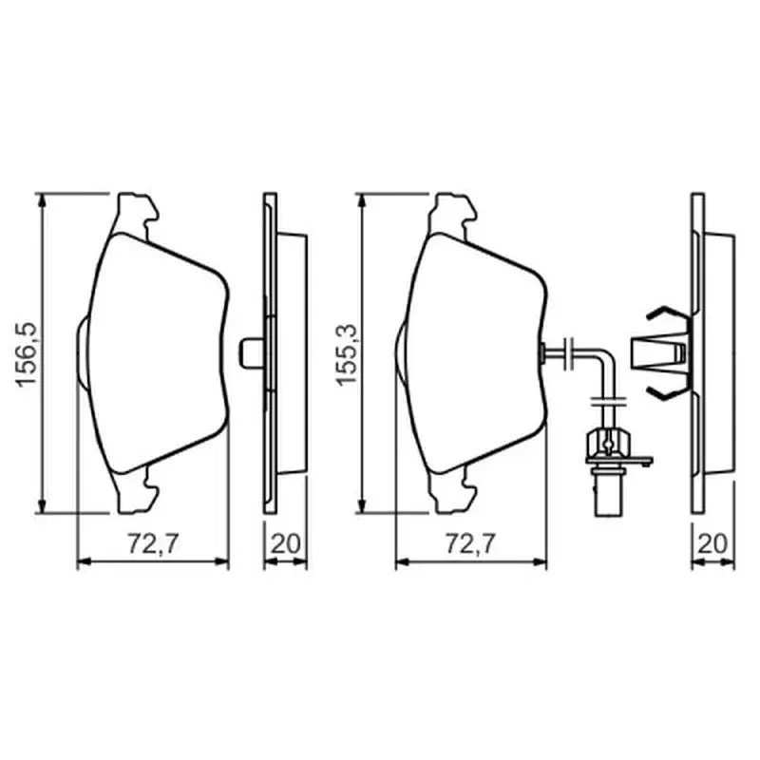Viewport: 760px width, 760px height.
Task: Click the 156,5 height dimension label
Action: (x=27, y=353)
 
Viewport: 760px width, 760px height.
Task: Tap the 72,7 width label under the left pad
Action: (x=153, y=543)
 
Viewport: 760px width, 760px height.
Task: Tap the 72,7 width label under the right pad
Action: (x=471, y=543)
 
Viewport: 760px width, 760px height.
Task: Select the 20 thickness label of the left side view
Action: (x=285, y=543)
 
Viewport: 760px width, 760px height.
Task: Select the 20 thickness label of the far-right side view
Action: (x=712, y=543)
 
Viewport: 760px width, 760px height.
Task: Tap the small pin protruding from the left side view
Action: (x=251, y=352)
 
